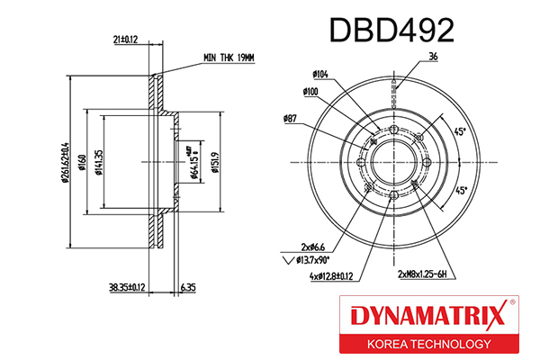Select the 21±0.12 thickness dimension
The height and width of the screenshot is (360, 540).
tap(125, 40)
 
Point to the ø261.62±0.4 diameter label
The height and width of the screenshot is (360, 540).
tap(66, 158)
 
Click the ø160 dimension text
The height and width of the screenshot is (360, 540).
tap(82, 161)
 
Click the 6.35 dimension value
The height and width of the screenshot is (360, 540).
tap(187, 288)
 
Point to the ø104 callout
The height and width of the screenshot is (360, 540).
tap(320, 76)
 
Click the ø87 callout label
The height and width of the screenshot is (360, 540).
tap(290, 118)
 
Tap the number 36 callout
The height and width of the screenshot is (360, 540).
tap(434, 58)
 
